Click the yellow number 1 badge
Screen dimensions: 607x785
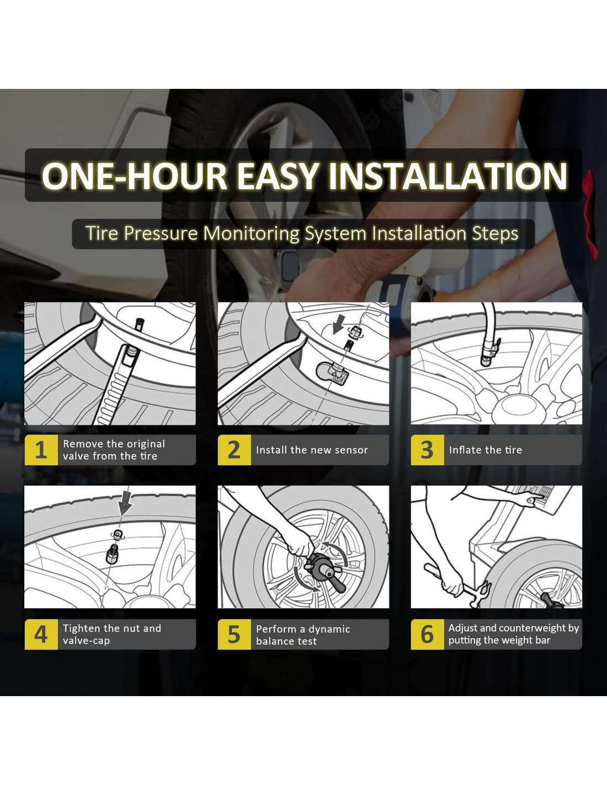coord(41,450)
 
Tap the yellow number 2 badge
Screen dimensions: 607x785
coord(235,450)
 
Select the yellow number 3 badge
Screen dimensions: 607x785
coord(428,450)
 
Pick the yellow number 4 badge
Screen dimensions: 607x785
coord(41,634)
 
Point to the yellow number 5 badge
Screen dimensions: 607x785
coord(235,634)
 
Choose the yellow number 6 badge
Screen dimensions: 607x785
coord(428,634)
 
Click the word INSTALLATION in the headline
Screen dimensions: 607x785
coord(448,176)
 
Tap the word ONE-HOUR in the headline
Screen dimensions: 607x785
coord(134,176)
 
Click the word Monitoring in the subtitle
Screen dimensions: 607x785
coord(251,234)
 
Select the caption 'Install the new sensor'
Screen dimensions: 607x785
coord(312,450)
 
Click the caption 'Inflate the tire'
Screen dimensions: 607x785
coord(486,450)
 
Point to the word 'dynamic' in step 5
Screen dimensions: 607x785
coord(329,629)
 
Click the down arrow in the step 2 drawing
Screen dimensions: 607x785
coord(338,324)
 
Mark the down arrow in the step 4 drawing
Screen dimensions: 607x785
coord(125,502)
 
